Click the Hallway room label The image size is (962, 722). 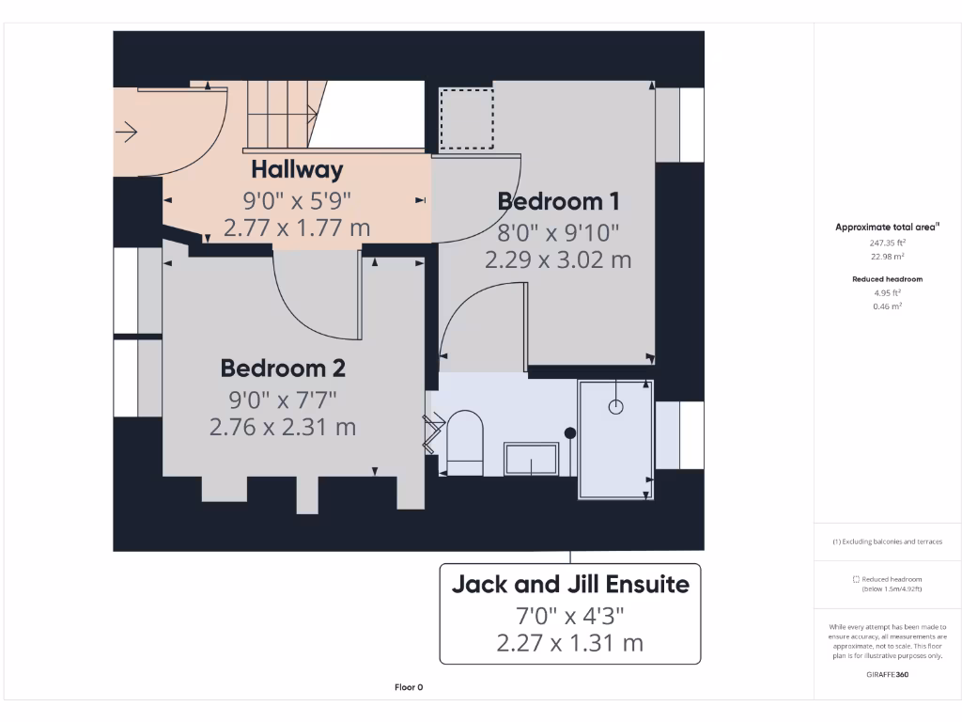[297, 169]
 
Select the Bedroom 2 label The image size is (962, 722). [283, 368]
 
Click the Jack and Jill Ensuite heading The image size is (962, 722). [570, 584]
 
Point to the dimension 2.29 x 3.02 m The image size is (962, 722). [558, 260]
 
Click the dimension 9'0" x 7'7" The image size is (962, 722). [283, 398]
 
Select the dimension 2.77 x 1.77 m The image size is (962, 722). [297, 228]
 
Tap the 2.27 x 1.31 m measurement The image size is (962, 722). [570, 644]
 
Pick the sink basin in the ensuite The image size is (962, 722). [532, 459]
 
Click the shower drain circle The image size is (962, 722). [616, 407]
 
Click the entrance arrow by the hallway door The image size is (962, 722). [126, 133]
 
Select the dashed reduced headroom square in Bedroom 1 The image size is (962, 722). [467, 118]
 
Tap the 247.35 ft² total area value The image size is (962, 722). [888, 242]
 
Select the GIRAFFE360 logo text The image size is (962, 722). [888, 674]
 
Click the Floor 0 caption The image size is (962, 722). [409, 687]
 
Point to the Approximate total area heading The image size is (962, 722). [887, 227]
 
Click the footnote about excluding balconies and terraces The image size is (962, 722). [887, 541]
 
